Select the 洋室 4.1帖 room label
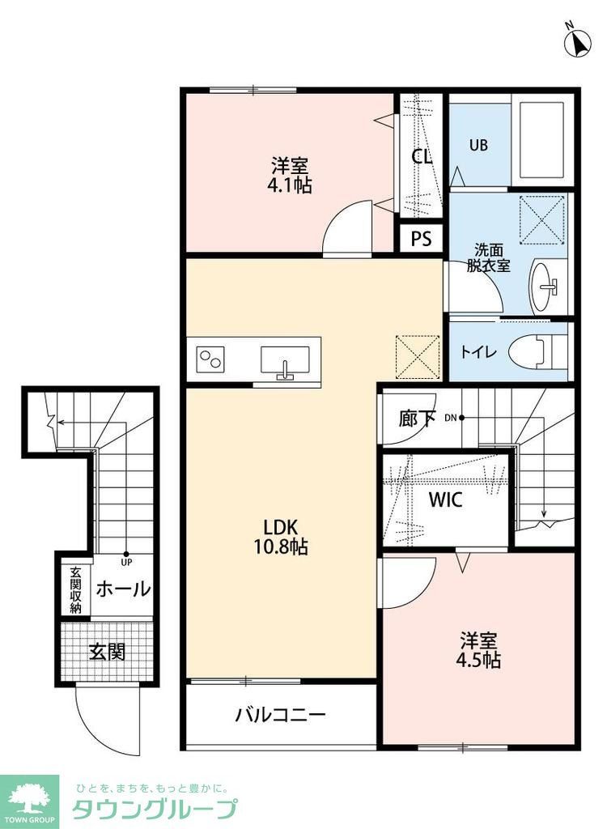[291, 176]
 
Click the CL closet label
[422, 156]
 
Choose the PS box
[422, 239]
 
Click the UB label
[479, 146]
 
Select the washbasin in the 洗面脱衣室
[546, 286]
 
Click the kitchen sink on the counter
[284, 360]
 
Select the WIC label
[445, 500]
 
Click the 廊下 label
[418, 418]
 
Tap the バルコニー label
[281, 715]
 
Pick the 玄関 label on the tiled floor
[107, 652]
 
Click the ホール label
[123, 589]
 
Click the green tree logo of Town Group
[29, 800]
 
